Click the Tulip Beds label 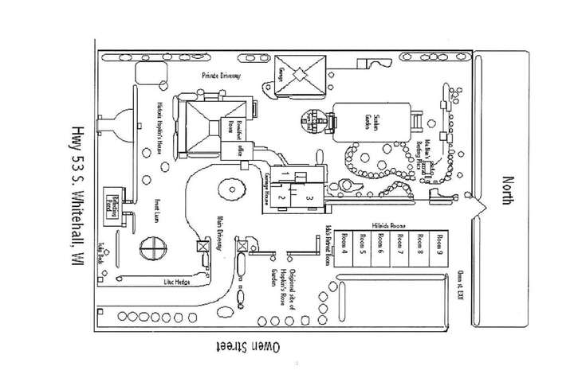coord(102,251)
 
